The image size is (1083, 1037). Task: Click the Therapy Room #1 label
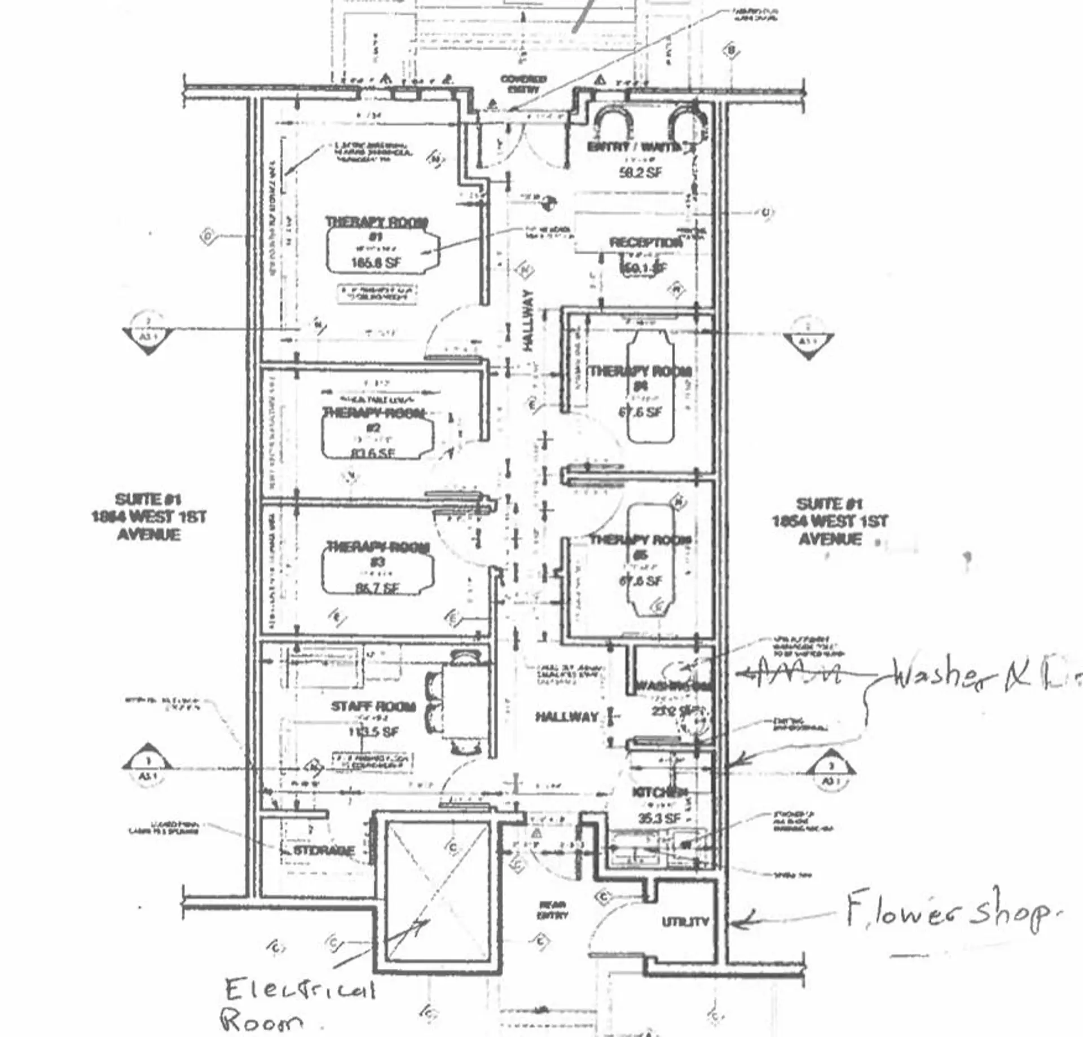[376, 223]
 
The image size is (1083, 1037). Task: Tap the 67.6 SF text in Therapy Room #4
[640, 412]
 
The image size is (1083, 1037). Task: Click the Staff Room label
[373, 707]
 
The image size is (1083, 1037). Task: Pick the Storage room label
[324, 850]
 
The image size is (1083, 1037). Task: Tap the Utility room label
[685, 922]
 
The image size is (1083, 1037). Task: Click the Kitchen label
[658, 792]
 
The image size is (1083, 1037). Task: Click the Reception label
[645, 243]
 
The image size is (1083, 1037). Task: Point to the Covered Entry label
[523, 83]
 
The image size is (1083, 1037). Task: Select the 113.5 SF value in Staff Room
[373, 732]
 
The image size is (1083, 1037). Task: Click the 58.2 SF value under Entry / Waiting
[640, 173]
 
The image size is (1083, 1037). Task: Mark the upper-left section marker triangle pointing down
[148, 337]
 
